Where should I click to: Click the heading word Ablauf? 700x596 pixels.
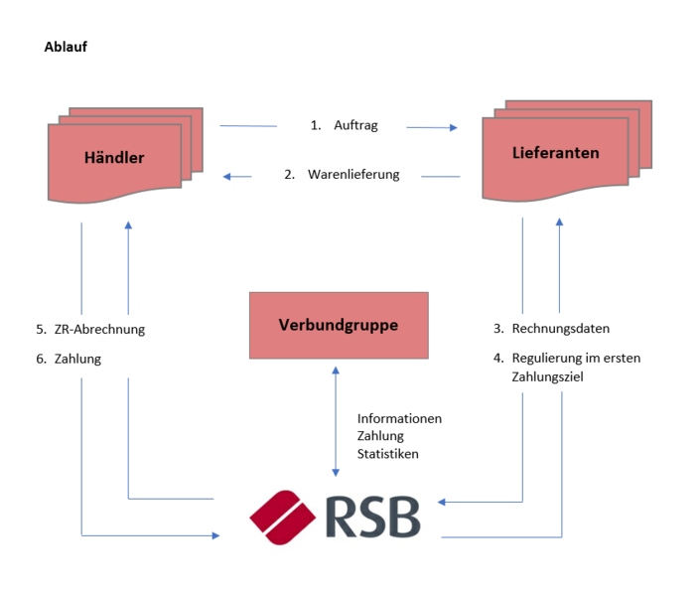[x=67, y=47]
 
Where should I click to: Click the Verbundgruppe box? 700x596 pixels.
[x=339, y=325]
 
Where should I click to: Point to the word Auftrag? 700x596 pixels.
[x=355, y=126]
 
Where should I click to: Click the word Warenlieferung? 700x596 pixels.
[x=353, y=175]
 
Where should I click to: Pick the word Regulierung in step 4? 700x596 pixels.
[x=547, y=358]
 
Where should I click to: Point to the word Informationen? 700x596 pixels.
[x=399, y=418]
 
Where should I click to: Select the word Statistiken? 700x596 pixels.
[x=388, y=454]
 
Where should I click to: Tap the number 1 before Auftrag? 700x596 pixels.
[x=316, y=126]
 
